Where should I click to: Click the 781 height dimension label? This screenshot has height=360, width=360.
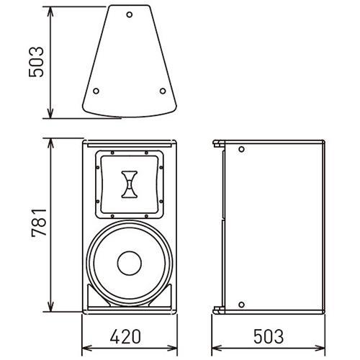39,223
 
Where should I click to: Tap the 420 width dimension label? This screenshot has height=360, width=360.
125,336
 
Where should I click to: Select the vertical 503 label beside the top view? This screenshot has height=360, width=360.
36,62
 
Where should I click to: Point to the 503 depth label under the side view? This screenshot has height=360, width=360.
269,336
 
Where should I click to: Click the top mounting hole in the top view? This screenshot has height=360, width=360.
130,14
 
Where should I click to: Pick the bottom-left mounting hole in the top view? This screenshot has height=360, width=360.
96,91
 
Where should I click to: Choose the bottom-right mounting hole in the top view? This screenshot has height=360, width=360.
163,91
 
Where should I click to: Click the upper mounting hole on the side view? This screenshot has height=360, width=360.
241,149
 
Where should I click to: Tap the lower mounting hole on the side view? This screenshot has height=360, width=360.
241,305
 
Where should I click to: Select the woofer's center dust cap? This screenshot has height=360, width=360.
130,263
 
